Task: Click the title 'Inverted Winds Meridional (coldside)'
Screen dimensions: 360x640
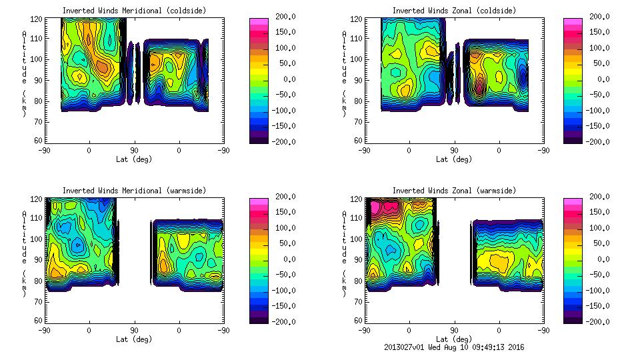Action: pos(134,11)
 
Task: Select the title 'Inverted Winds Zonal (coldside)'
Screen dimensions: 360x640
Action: pos(454,11)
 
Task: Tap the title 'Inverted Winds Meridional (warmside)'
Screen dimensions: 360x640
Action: pos(134,191)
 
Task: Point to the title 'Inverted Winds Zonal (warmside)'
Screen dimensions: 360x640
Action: pos(454,191)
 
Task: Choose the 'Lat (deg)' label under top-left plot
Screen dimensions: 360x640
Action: pos(133,159)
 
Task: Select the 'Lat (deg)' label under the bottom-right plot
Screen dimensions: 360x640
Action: pos(454,339)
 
